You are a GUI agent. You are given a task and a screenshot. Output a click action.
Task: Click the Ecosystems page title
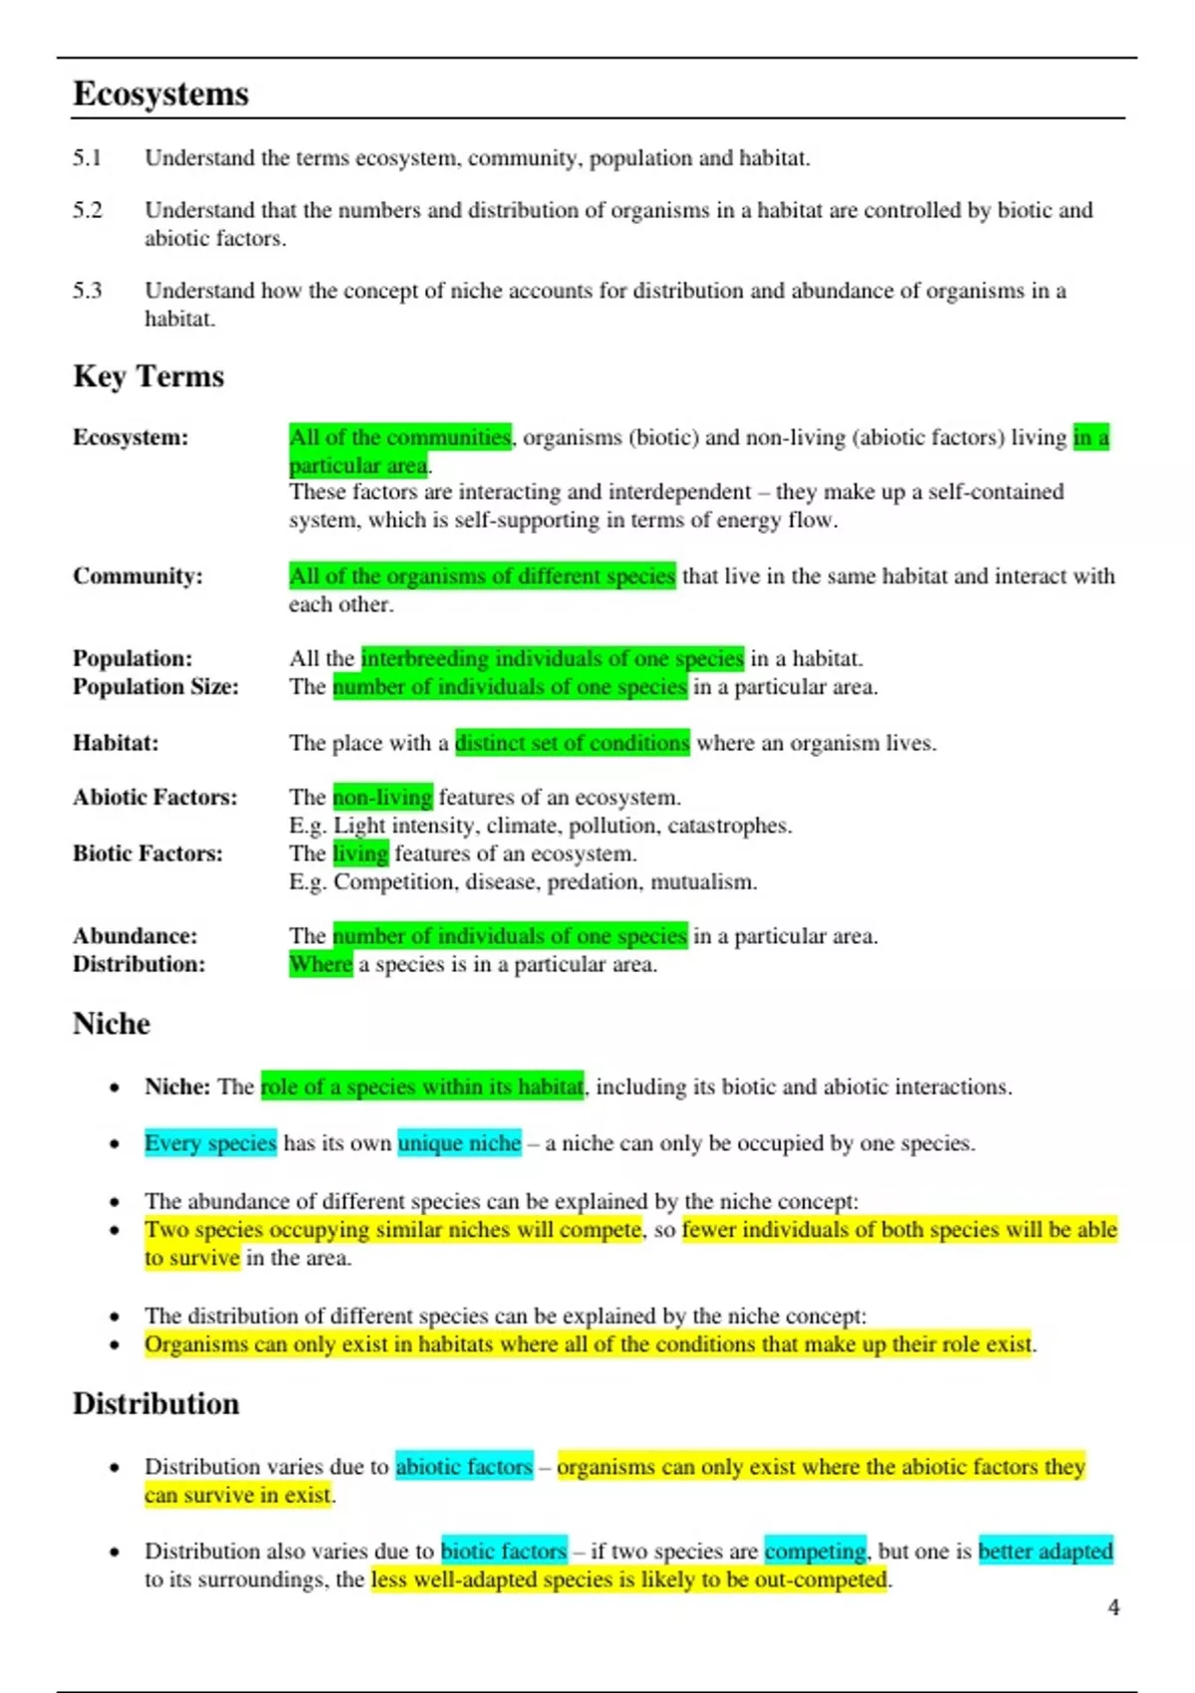click(160, 94)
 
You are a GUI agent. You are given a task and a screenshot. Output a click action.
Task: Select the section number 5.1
click(87, 157)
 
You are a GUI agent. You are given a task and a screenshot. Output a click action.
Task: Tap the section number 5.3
click(87, 291)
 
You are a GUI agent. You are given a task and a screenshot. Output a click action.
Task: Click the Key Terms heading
click(148, 376)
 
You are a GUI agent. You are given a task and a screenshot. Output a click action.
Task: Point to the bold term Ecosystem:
click(129, 437)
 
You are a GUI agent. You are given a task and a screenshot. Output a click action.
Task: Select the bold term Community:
click(136, 576)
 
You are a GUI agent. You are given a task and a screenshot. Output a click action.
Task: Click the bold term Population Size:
click(155, 686)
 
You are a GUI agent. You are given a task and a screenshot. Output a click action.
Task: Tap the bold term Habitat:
click(115, 743)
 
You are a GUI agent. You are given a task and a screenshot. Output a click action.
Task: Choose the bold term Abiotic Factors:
click(154, 797)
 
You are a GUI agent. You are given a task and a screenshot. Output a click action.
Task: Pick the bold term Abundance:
click(134, 936)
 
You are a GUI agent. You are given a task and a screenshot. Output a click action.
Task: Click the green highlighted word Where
click(321, 964)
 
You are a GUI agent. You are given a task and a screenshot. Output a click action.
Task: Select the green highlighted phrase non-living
click(382, 797)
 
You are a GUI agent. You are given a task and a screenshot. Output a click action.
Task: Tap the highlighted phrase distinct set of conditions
click(572, 743)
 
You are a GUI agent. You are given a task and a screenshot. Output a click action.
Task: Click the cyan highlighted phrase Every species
click(210, 1143)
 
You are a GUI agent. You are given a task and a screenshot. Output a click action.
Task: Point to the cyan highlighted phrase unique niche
click(459, 1143)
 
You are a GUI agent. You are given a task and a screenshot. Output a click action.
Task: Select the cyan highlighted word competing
click(815, 1551)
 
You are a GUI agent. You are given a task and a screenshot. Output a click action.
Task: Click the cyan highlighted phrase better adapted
click(1045, 1551)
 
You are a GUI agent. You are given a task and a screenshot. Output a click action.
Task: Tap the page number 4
click(1113, 1607)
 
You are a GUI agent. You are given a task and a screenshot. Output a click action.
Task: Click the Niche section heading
click(111, 1024)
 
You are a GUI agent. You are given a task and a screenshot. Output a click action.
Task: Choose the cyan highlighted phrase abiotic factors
click(464, 1466)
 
